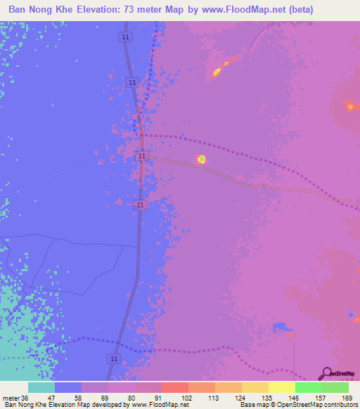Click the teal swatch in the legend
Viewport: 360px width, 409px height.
click(41, 387)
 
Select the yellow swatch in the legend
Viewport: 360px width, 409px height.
click(281, 387)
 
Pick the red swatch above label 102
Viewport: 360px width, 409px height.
click(174, 387)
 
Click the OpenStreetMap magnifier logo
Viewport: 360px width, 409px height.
click(326, 373)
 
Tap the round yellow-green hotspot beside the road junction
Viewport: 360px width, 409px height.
click(201, 160)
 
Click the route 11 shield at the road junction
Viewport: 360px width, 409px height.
click(142, 155)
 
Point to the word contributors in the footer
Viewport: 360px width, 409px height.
click(337, 405)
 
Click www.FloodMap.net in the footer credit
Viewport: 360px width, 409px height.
click(158, 405)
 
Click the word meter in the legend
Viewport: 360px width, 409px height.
click(10, 398)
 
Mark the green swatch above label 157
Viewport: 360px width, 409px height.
click(308, 387)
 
